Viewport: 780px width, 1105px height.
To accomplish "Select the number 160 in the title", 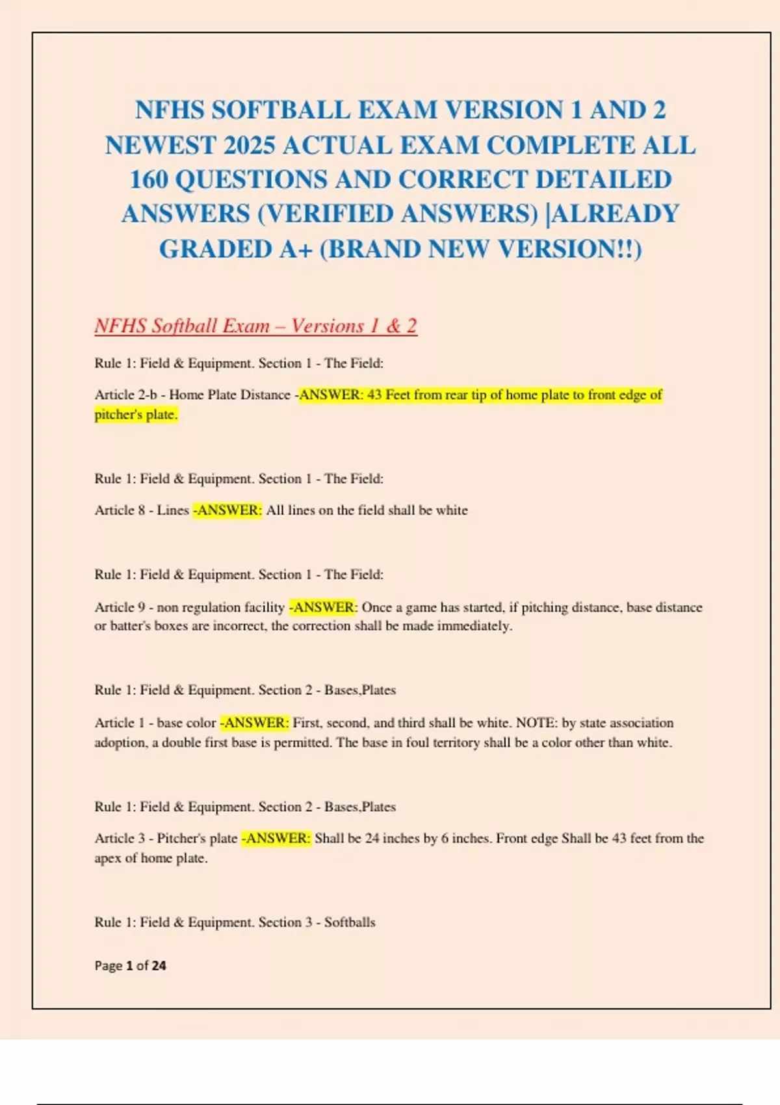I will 149,179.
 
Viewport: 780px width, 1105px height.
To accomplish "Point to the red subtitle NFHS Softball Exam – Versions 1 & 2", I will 255,326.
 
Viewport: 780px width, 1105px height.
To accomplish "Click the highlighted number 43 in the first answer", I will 374,395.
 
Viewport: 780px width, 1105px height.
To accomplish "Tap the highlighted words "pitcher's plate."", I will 136,415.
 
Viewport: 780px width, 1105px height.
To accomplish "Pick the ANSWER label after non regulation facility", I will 323,607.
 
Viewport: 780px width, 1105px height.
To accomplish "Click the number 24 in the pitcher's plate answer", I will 372,838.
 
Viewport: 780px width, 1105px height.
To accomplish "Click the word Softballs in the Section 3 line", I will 350,922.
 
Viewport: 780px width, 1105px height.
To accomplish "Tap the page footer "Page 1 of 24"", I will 130,966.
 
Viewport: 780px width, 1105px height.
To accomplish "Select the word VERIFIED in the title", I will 328,214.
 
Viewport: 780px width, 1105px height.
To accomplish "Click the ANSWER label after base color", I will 254,723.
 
